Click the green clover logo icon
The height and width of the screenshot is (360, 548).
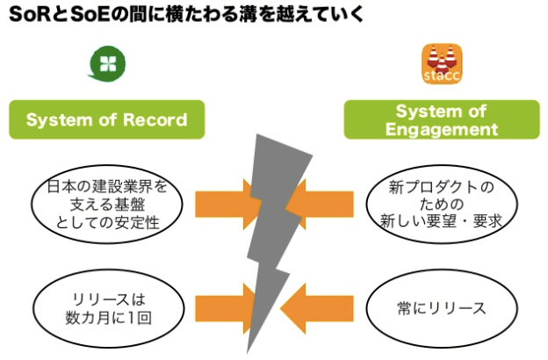point(108,62)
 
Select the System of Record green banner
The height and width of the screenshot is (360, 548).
point(106,120)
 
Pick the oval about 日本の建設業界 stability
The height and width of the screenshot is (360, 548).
point(108,201)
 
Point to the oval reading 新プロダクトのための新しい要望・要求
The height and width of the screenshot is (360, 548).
point(440,203)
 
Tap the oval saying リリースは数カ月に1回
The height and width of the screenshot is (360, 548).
point(108,308)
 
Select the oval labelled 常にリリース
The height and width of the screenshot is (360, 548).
point(440,308)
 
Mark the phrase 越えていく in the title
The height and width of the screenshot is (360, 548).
point(320,16)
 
